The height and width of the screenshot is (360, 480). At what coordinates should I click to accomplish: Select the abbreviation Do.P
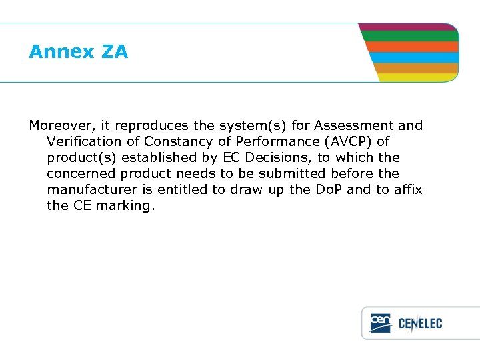click(324, 189)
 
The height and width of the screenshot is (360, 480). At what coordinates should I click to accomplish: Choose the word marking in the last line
click(125, 205)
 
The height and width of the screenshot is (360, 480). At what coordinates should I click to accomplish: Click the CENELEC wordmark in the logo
click(420, 324)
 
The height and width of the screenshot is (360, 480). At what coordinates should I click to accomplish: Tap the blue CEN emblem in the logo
click(381, 323)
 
